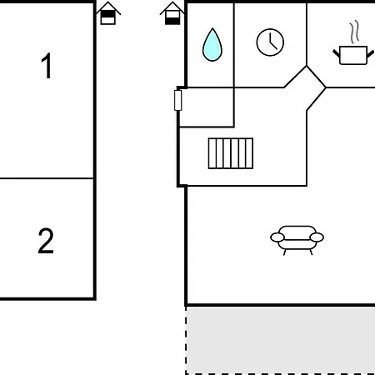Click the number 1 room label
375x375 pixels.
click(47, 66)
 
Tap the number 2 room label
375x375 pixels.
click(46, 241)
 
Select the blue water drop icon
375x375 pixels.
click(212, 45)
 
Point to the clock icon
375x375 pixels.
click(270, 42)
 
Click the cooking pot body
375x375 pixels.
click(353, 55)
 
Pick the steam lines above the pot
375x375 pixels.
click(354, 32)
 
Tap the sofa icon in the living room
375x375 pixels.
click(297, 240)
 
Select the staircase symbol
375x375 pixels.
click(231, 153)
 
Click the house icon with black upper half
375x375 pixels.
click(108, 13)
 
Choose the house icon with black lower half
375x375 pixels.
click(172, 13)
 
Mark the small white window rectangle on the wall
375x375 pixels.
click(178, 100)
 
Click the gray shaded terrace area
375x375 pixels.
click(281, 340)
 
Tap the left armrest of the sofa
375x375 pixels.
click(277, 237)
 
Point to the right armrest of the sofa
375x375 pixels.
click(317, 237)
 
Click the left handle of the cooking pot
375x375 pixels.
click(337, 53)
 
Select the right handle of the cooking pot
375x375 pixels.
click(370, 53)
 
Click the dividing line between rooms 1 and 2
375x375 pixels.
click(47, 178)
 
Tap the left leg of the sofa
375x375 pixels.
click(285, 252)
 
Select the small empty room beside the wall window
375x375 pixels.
click(207, 107)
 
